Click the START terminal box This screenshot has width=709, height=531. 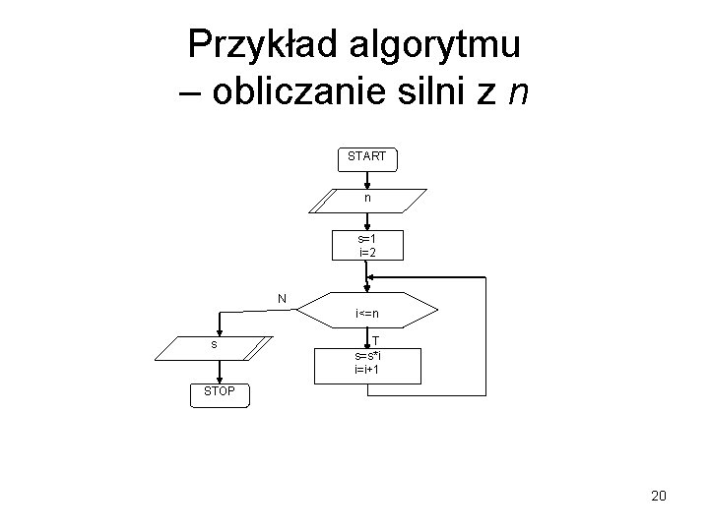367,156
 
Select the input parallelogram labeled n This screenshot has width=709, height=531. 367,200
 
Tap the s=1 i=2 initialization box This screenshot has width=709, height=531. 367,246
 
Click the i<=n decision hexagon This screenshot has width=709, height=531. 367,314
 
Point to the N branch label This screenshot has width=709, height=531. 282,298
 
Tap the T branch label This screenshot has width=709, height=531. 375,340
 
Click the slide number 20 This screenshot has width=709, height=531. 658,495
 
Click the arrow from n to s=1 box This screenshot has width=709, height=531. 367,221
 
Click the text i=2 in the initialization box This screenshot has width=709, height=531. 367,253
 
